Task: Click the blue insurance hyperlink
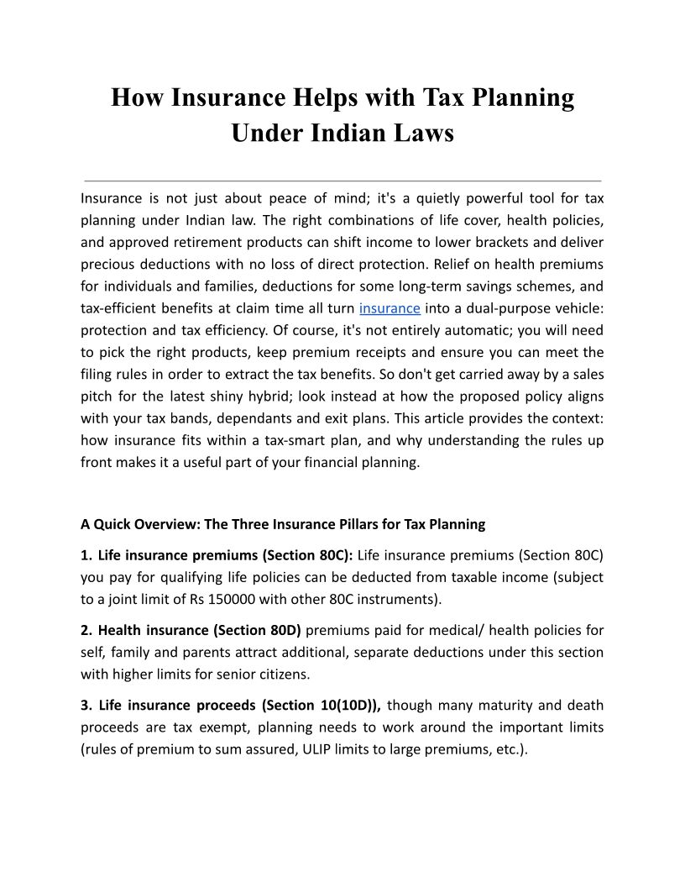390,308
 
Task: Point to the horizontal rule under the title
342,181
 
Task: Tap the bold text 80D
284,630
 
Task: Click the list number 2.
85,630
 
